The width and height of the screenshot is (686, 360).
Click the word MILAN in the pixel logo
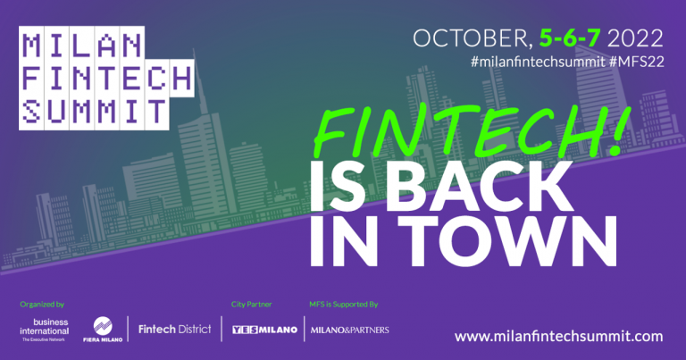click(79, 46)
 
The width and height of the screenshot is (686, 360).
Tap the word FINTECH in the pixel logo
click(106, 78)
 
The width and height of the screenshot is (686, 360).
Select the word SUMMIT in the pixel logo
click(93, 111)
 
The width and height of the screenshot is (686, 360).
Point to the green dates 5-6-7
click(571, 38)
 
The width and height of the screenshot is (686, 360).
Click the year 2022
click(635, 38)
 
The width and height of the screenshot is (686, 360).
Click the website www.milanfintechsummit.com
click(558, 336)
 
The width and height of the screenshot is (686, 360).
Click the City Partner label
click(250, 304)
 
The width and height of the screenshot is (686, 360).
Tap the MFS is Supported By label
click(343, 304)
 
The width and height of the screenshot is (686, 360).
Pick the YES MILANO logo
click(264, 330)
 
